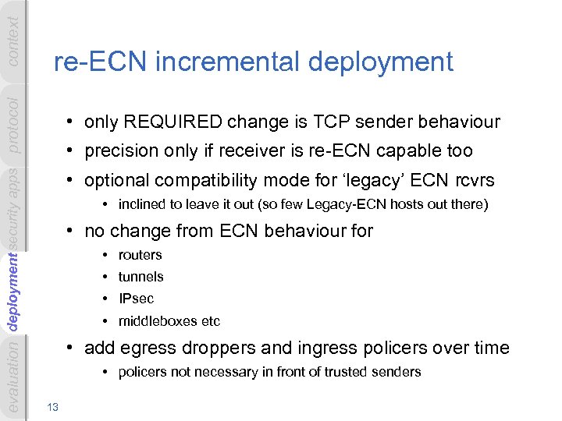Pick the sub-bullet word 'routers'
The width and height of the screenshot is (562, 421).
(140, 255)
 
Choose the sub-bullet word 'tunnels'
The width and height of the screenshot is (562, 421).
(140, 277)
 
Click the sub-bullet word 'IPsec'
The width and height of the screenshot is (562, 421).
(136, 299)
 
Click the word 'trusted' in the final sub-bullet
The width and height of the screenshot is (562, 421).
(342, 372)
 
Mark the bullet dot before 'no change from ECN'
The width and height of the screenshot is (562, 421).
(70, 231)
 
